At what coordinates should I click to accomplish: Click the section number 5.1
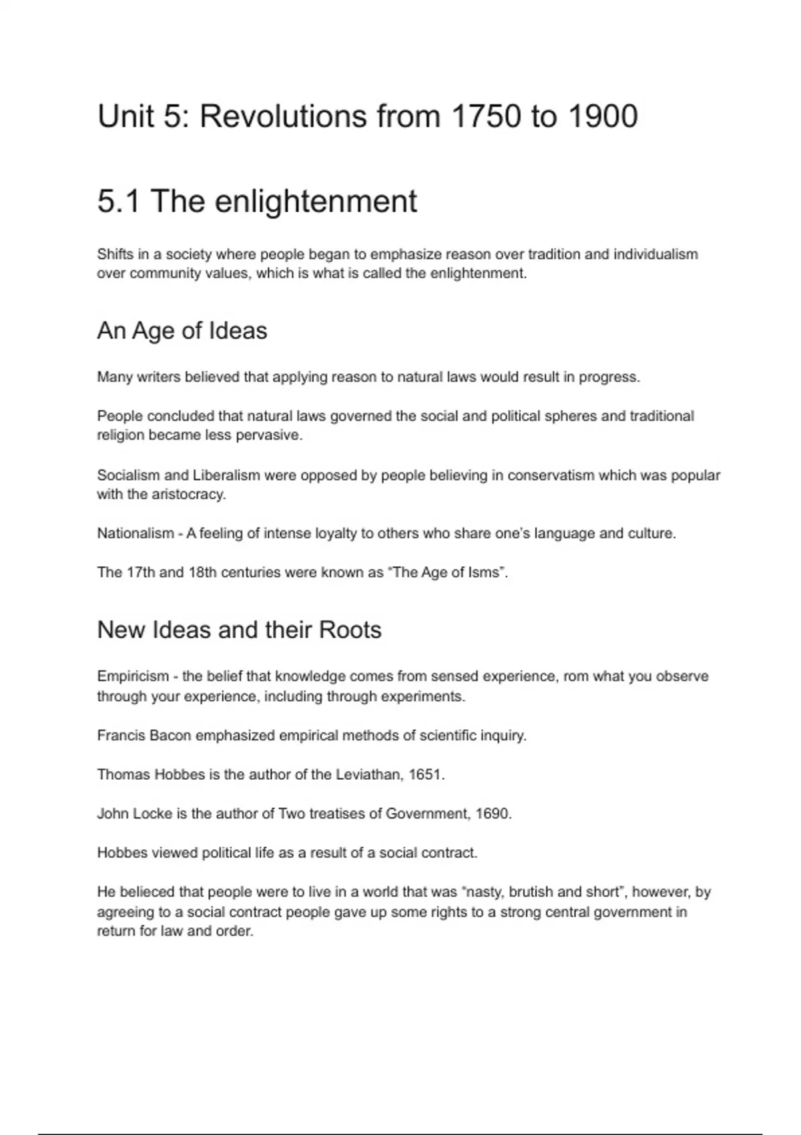tap(119, 201)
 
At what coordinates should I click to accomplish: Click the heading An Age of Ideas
tap(182, 330)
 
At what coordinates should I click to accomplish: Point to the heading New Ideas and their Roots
tap(239, 630)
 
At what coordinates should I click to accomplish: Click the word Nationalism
tap(135, 533)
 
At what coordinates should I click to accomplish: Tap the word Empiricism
tap(132, 676)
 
